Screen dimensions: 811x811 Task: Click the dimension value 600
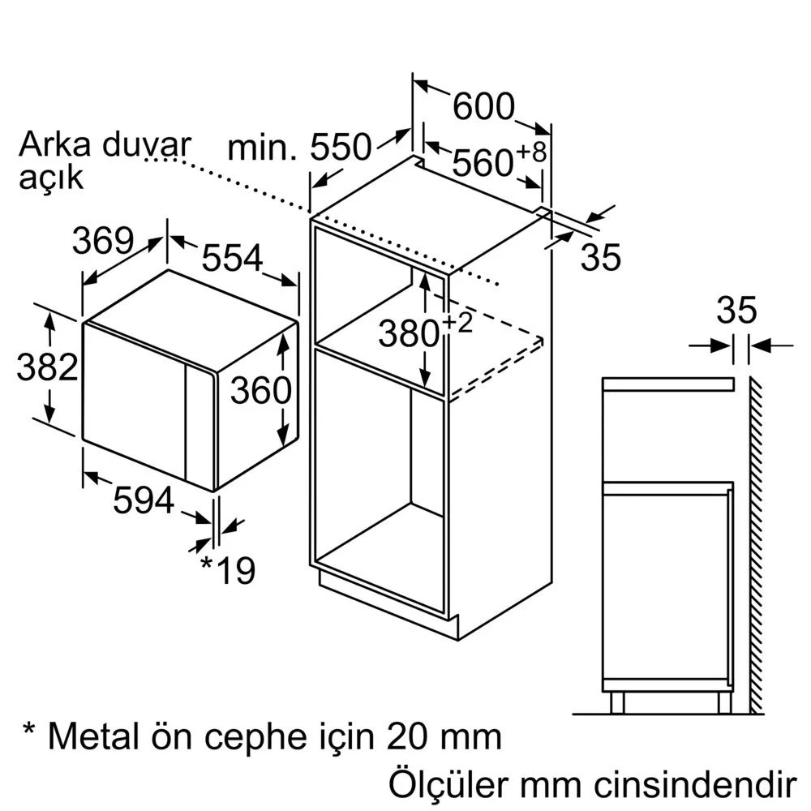click(483, 106)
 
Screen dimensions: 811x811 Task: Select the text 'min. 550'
click(299, 147)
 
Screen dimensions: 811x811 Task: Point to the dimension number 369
click(103, 241)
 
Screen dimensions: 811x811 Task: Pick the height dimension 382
click(47, 367)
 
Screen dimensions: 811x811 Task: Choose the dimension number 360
click(260, 390)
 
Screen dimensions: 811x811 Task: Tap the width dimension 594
click(144, 500)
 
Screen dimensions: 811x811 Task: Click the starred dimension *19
click(227, 570)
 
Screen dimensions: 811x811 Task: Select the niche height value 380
click(409, 333)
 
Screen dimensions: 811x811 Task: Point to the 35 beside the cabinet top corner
click(600, 257)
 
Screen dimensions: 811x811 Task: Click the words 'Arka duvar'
click(105, 144)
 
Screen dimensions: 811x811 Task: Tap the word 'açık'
click(50, 178)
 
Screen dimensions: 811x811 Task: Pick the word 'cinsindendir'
click(694, 785)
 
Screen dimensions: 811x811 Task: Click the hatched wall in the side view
click(756, 545)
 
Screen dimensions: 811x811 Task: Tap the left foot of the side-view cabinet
click(617, 703)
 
